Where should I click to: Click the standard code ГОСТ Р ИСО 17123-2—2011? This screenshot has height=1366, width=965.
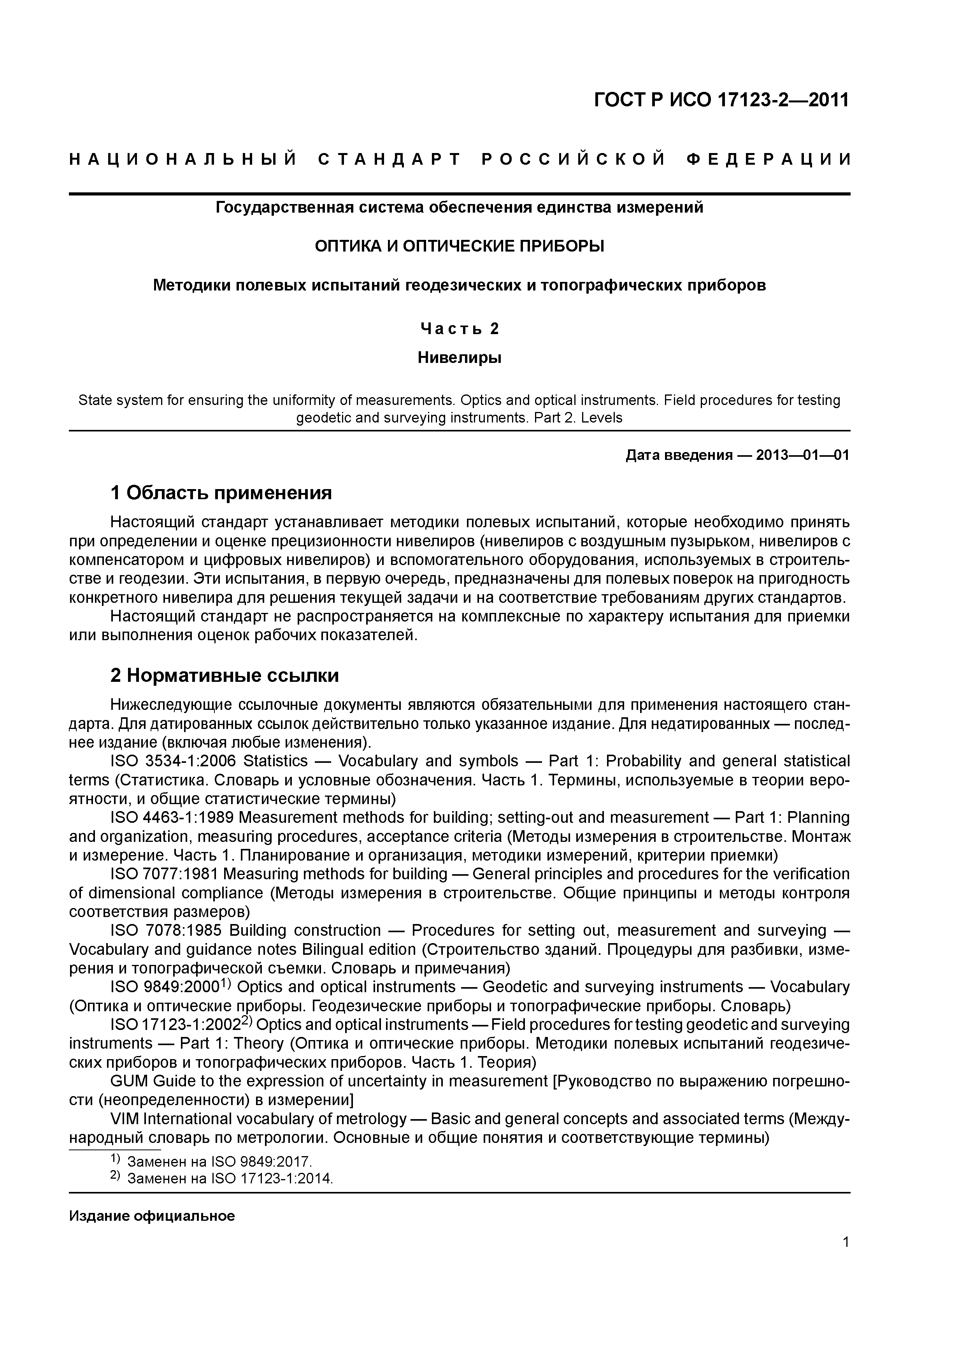point(721,100)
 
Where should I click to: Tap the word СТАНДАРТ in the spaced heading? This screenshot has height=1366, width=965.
point(390,159)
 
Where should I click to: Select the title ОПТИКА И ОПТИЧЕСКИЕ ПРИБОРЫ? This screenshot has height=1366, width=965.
point(459,246)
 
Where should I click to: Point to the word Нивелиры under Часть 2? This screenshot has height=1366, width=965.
point(459,357)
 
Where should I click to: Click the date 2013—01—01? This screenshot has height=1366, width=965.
point(803,455)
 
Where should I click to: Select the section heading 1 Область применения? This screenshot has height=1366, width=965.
point(221,493)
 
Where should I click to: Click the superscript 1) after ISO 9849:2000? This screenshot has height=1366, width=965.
point(226,982)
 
